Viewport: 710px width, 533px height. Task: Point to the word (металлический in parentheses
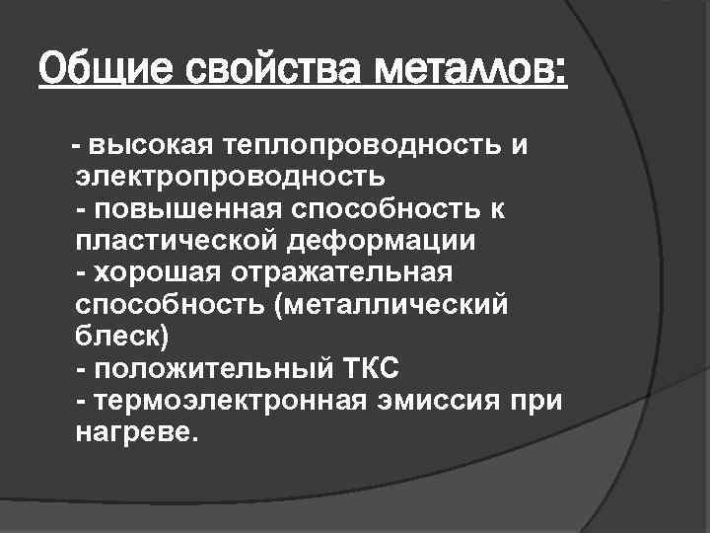[396, 304]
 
